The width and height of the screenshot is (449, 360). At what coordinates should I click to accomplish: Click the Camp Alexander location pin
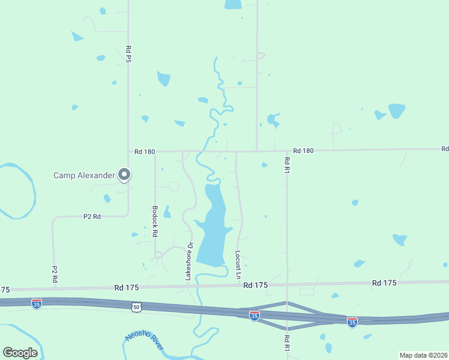(x=124, y=175)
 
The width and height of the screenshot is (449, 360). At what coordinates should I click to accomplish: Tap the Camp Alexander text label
(x=83, y=175)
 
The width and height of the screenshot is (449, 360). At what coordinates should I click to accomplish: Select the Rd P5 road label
(x=128, y=53)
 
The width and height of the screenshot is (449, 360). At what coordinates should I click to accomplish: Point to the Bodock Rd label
(x=154, y=220)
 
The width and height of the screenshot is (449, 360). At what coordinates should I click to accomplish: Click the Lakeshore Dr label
(x=188, y=261)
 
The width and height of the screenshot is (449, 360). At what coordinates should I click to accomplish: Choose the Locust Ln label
(x=238, y=265)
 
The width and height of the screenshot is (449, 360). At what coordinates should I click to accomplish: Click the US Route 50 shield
(x=137, y=307)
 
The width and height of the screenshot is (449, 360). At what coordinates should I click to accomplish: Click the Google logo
(x=20, y=352)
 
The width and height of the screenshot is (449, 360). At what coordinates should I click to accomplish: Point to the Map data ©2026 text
(x=423, y=355)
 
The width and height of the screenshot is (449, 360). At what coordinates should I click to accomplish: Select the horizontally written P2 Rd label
(x=92, y=216)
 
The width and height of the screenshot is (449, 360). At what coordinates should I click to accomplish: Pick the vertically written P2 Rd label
(x=54, y=274)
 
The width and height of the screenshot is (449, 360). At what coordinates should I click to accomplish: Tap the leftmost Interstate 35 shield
(x=37, y=304)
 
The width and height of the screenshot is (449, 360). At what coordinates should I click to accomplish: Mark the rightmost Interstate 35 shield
(x=352, y=323)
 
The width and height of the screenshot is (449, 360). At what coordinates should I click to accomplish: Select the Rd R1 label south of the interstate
(x=286, y=343)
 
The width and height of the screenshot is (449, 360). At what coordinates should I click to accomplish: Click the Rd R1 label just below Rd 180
(x=287, y=165)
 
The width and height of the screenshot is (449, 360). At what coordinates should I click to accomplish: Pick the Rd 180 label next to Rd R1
(x=303, y=151)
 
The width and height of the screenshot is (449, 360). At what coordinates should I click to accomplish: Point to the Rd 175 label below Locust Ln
(x=255, y=285)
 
